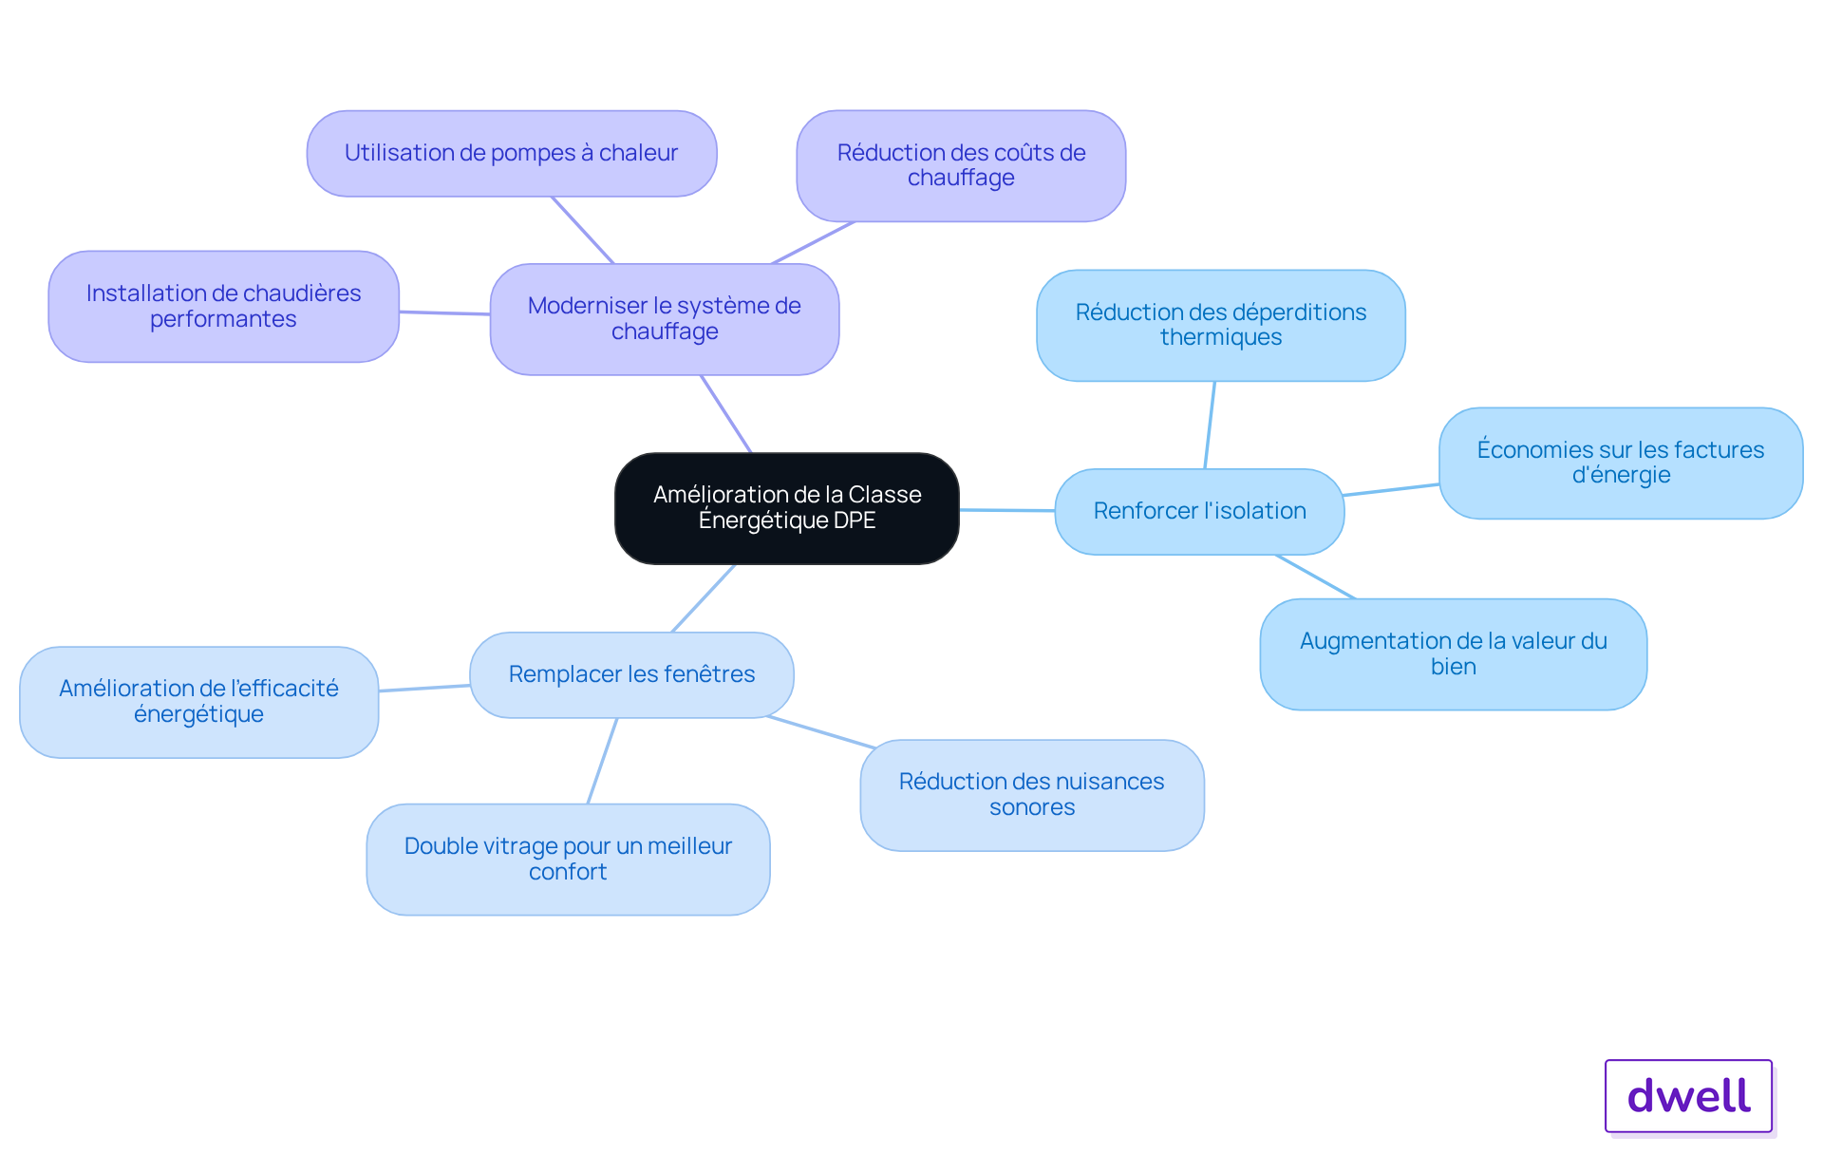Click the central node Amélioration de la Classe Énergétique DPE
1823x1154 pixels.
787,508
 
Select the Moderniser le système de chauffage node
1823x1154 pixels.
665,319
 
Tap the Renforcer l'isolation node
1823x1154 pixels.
1200,511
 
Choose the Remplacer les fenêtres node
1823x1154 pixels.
631,674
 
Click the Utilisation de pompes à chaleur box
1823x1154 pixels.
512,154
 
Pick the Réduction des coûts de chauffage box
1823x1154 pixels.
961,166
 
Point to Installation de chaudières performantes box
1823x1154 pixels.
224,307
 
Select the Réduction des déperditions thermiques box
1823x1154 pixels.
1221,326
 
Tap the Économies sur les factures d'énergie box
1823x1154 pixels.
1621,463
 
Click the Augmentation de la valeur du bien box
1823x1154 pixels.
1454,654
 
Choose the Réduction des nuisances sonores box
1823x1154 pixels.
1032,795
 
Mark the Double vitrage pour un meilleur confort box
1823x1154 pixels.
568,860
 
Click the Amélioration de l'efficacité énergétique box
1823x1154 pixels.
199,702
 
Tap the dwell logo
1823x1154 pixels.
1689,1096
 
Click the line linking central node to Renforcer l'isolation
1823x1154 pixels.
1007,510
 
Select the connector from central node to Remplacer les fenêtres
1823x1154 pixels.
704,598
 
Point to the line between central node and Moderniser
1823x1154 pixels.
726,414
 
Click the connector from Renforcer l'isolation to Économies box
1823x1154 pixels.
1391,490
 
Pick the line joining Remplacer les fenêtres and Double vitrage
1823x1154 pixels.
603,761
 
